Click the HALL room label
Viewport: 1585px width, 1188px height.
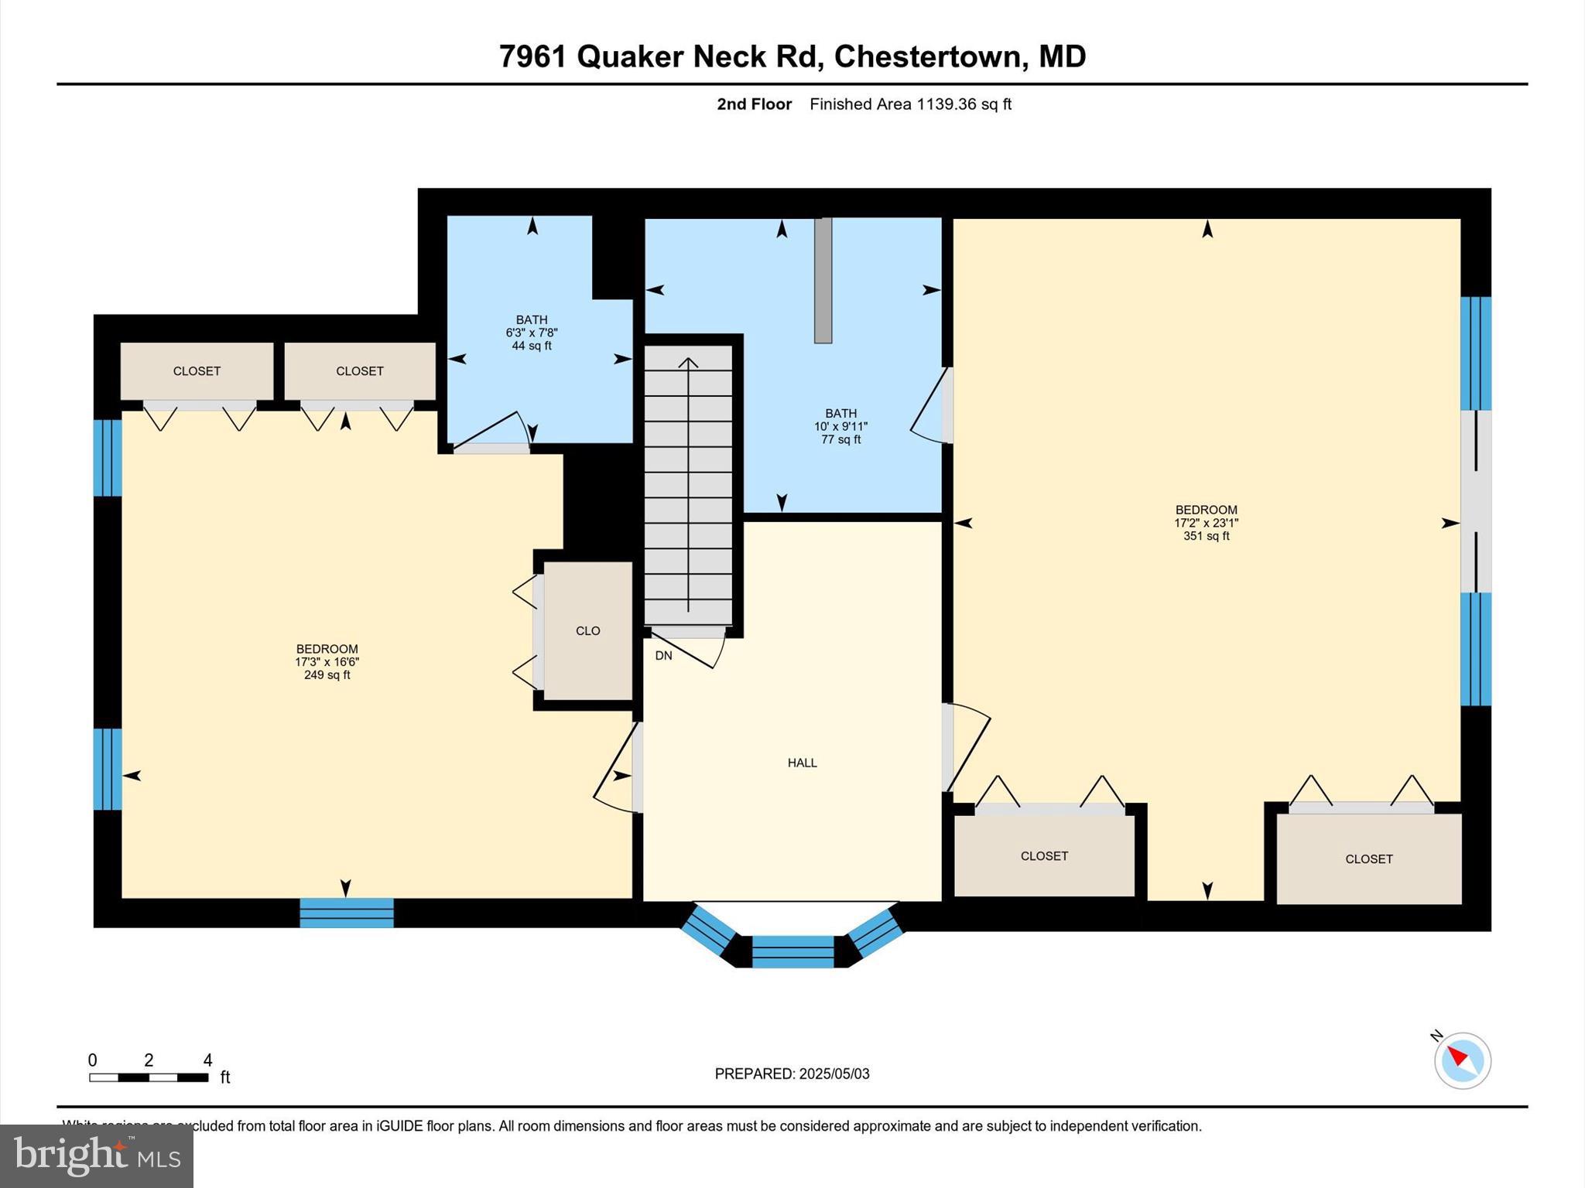(x=802, y=763)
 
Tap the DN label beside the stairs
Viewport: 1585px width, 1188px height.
(x=663, y=656)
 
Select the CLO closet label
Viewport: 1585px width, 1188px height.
(x=587, y=631)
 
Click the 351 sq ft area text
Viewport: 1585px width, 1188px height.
(x=1206, y=536)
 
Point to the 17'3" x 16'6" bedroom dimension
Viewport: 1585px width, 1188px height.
(x=327, y=662)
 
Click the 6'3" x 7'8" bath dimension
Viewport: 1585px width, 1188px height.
(x=532, y=333)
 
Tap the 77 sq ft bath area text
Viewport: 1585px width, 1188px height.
(x=840, y=440)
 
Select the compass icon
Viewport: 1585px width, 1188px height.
(x=1462, y=1060)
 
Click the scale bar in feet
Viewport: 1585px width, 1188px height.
(x=149, y=1077)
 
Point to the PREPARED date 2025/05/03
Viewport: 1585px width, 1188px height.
(x=792, y=1074)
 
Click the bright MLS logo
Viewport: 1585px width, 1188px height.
(x=97, y=1156)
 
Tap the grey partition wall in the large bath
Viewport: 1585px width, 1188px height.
(x=823, y=280)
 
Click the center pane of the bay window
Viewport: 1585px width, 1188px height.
(x=792, y=951)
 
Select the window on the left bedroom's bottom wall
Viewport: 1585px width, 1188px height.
(x=347, y=913)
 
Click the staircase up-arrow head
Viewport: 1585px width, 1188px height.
(x=688, y=362)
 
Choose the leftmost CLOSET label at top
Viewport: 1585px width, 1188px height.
(x=197, y=371)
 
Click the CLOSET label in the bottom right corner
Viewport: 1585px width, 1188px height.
(x=1368, y=859)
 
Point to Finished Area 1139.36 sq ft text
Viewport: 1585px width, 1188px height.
(x=910, y=104)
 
